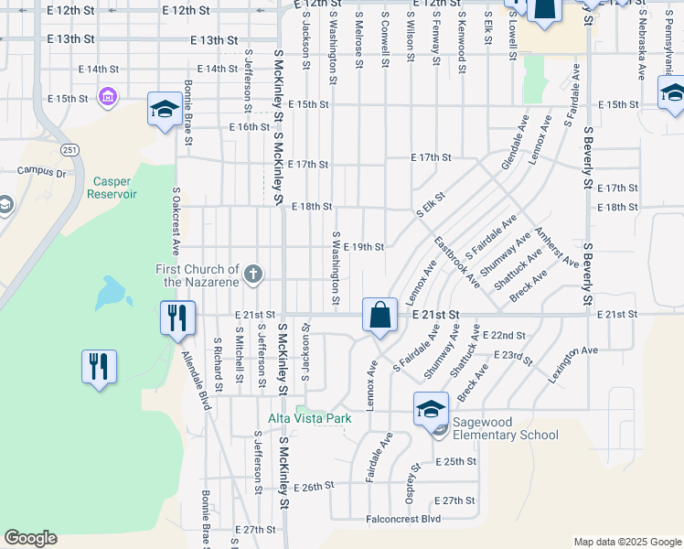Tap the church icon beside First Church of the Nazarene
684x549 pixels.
(253, 273)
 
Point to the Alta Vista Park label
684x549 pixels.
(309, 418)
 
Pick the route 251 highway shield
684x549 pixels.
(69, 148)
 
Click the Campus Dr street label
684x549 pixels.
(42, 171)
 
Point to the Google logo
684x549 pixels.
(31, 538)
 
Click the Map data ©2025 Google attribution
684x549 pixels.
(626, 542)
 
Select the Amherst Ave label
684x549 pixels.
(557, 247)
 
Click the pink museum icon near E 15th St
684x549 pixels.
(109, 96)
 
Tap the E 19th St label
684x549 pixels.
(362, 247)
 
